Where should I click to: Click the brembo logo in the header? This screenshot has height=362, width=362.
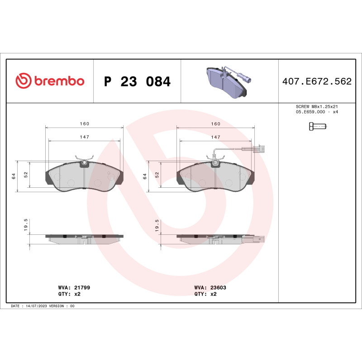click(50, 81)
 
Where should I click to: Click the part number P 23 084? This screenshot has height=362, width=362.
click(137, 82)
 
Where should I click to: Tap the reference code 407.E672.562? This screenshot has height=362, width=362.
click(317, 82)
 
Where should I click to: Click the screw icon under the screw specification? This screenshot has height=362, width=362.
click(317, 127)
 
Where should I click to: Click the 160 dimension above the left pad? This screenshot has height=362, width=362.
click(85, 124)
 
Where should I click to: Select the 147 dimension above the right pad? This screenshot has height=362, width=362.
click(215, 137)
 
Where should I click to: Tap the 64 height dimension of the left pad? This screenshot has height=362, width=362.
click(14, 176)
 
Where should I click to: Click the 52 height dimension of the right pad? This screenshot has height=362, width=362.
click(157, 174)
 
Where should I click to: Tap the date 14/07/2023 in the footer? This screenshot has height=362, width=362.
click(37, 306)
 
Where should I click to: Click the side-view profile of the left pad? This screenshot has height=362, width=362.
click(85, 238)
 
